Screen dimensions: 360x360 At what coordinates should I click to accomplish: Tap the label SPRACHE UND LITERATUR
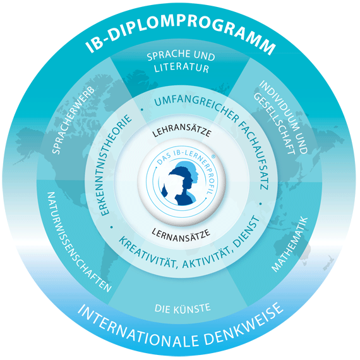tap(181, 61)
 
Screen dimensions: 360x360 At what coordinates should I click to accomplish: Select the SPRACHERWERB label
tap(73, 120)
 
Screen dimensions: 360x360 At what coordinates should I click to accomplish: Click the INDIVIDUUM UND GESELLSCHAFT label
tap(280, 117)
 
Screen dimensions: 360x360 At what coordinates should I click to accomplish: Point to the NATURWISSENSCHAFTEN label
tap(79, 241)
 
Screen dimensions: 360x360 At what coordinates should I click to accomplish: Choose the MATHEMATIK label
tap(290, 244)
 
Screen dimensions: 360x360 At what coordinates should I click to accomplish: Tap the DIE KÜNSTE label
tap(183, 308)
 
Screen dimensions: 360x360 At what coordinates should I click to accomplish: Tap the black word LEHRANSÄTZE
tap(182, 130)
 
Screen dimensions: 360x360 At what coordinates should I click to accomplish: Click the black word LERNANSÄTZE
tap(181, 235)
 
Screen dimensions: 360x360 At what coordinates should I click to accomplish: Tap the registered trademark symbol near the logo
tap(213, 156)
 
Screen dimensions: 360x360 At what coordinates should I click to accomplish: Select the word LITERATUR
tap(181, 68)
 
